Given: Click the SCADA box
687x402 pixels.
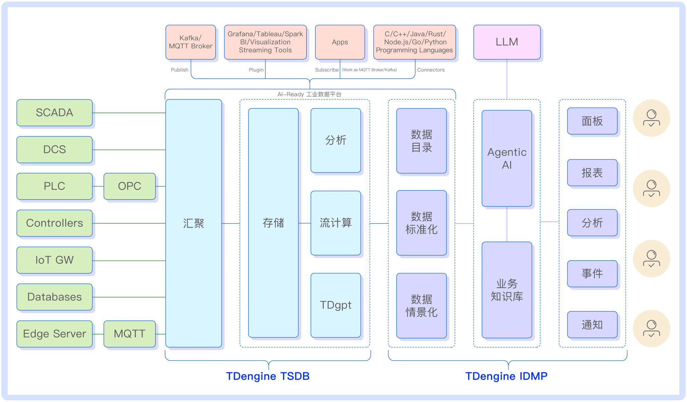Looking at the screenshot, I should [54, 113].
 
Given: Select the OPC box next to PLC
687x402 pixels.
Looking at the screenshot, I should [129, 186].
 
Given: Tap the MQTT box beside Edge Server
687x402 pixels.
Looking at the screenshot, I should [129, 334].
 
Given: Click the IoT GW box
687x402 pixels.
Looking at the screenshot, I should [54, 260].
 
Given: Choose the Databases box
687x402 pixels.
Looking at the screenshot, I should [54, 297].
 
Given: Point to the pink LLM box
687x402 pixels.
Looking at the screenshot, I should [507, 42].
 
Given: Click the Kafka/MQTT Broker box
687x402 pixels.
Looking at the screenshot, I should [191, 42].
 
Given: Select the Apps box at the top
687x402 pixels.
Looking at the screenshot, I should [340, 42].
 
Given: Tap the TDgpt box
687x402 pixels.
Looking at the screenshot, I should [335, 305].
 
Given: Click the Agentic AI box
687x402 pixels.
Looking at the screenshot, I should [507, 158].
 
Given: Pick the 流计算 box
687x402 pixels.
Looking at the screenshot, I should [335, 223].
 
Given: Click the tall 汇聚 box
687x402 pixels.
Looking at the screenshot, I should [194, 223].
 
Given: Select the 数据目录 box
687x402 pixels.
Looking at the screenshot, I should [421, 141].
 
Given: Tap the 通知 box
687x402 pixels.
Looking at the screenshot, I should [592, 325].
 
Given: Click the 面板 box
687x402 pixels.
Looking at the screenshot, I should [592, 121].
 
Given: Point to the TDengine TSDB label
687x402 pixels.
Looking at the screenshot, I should [268, 376].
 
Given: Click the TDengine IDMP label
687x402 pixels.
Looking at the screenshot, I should [506, 376].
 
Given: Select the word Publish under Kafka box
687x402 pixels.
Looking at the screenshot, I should [179, 70].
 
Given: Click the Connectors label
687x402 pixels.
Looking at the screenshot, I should [431, 70].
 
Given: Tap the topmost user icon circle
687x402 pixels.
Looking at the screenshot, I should [651, 118].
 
